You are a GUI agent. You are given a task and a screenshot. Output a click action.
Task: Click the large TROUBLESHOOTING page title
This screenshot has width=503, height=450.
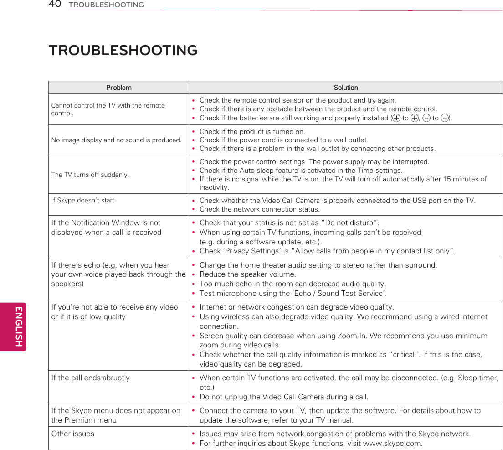pyautogui.click(x=123, y=50)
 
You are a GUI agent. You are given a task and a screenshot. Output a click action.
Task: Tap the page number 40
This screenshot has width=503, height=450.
pyautogui.click(x=55, y=5)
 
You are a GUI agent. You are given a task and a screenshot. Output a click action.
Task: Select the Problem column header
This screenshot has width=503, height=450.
pyautogui.click(x=118, y=88)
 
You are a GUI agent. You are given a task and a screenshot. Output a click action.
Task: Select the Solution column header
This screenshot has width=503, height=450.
pyautogui.click(x=346, y=88)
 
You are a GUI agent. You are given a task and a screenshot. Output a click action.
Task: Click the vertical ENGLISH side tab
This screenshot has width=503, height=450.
pyautogui.click(x=19, y=326)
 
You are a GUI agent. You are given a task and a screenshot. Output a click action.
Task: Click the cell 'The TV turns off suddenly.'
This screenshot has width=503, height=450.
pyautogui.click(x=90, y=175)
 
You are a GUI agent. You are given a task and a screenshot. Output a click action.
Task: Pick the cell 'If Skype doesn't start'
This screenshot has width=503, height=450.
pyautogui.click(x=83, y=200)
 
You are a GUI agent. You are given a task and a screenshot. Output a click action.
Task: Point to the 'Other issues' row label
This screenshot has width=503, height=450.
pyautogui.click(x=73, y=434)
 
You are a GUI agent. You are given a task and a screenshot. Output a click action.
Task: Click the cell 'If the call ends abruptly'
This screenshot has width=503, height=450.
pyautogui.click(x=91, y=378)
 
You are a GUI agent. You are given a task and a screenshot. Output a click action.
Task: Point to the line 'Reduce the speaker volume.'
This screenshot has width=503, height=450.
pyautogui.click(x=247, y=274)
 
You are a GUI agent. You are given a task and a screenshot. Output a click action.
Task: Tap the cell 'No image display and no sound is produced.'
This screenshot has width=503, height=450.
pyautogui.click(x=116, y=140)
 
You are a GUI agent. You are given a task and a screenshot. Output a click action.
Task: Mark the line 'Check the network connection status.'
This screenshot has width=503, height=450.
pyautogui.click(x=259, y=209)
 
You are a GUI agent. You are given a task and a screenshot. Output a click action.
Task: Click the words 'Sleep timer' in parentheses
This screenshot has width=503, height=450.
pyautogui.click(x=478, y=378)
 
